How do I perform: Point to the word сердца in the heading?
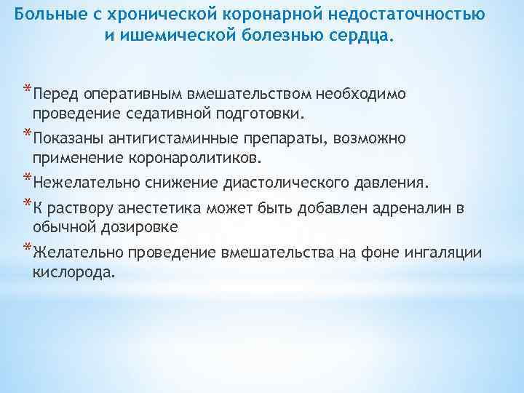point(360,35)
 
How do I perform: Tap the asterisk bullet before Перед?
point(26,91)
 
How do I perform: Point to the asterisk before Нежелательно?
point(26,177)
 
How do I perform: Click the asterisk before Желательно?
point(26,248)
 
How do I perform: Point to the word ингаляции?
point(445,253)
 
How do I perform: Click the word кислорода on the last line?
point(73,271)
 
